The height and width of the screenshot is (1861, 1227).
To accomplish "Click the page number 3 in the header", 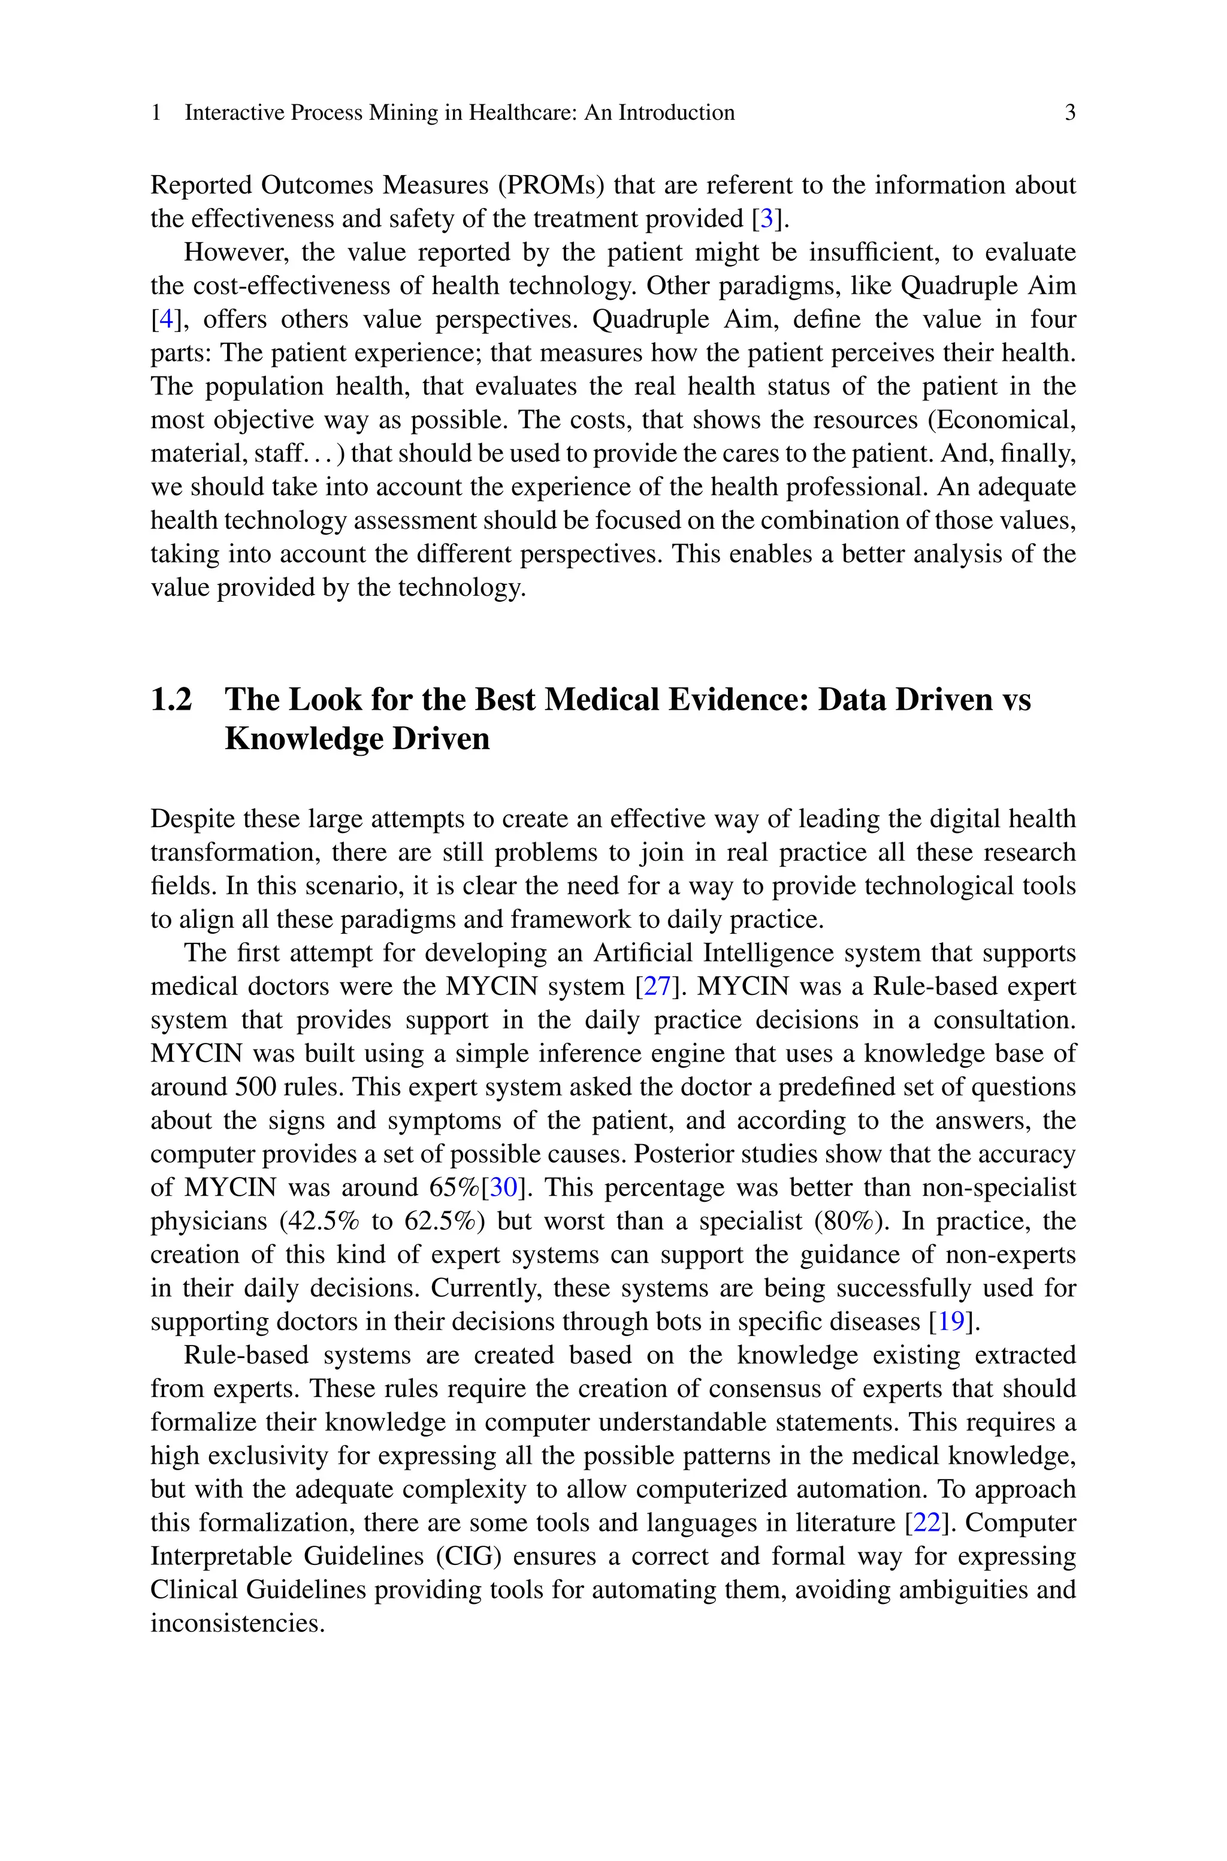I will point(1069,113).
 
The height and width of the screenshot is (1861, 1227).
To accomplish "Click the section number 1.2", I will point(171,699).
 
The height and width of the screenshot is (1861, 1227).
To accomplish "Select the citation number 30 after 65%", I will point(504,1187).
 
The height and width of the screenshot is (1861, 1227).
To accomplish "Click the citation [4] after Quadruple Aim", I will point(165,319).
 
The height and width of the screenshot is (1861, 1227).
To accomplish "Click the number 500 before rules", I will point(253,1087).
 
